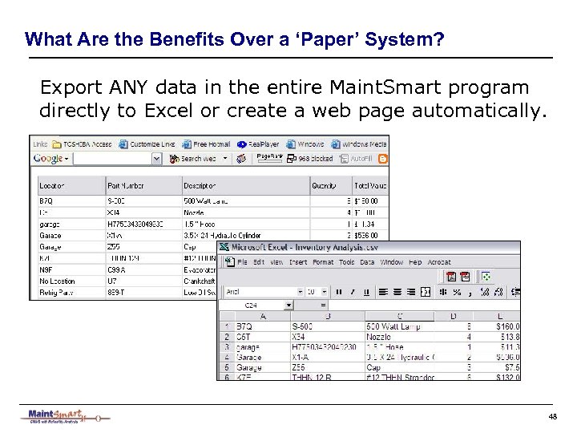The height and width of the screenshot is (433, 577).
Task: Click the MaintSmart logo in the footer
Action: click(x=64, y=416)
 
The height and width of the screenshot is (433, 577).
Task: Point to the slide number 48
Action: click(x=552, y=415)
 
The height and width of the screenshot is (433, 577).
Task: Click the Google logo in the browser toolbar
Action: click(x=49, y=159)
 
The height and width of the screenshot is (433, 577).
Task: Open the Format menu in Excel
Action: click(x=323, y=262)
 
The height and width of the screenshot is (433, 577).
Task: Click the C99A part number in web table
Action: click(x=116, y=273)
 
